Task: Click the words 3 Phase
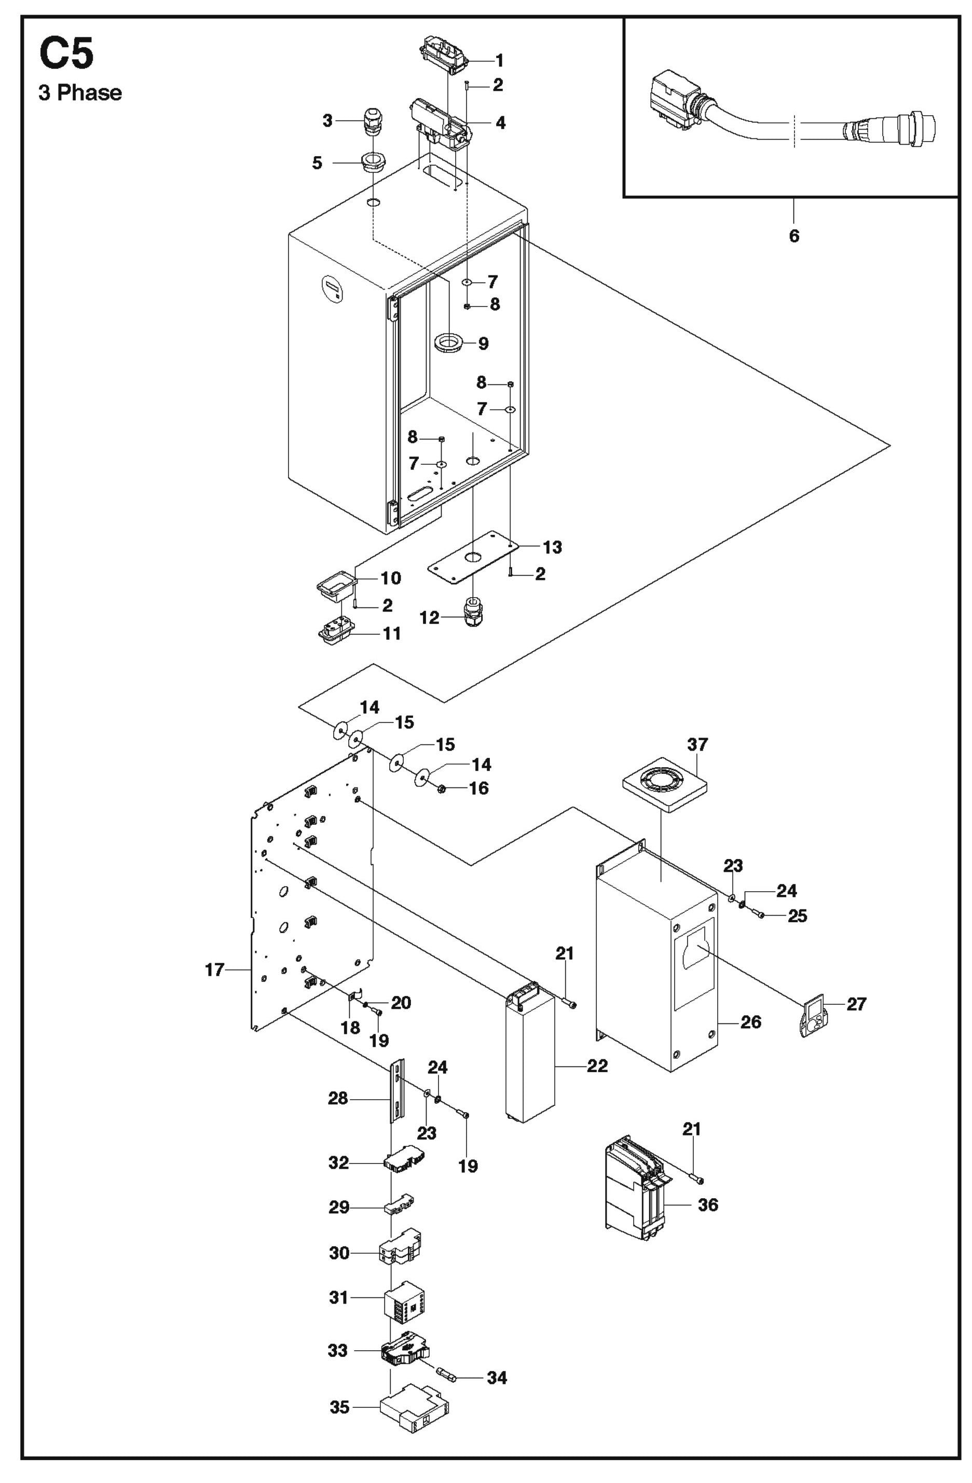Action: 80,93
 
